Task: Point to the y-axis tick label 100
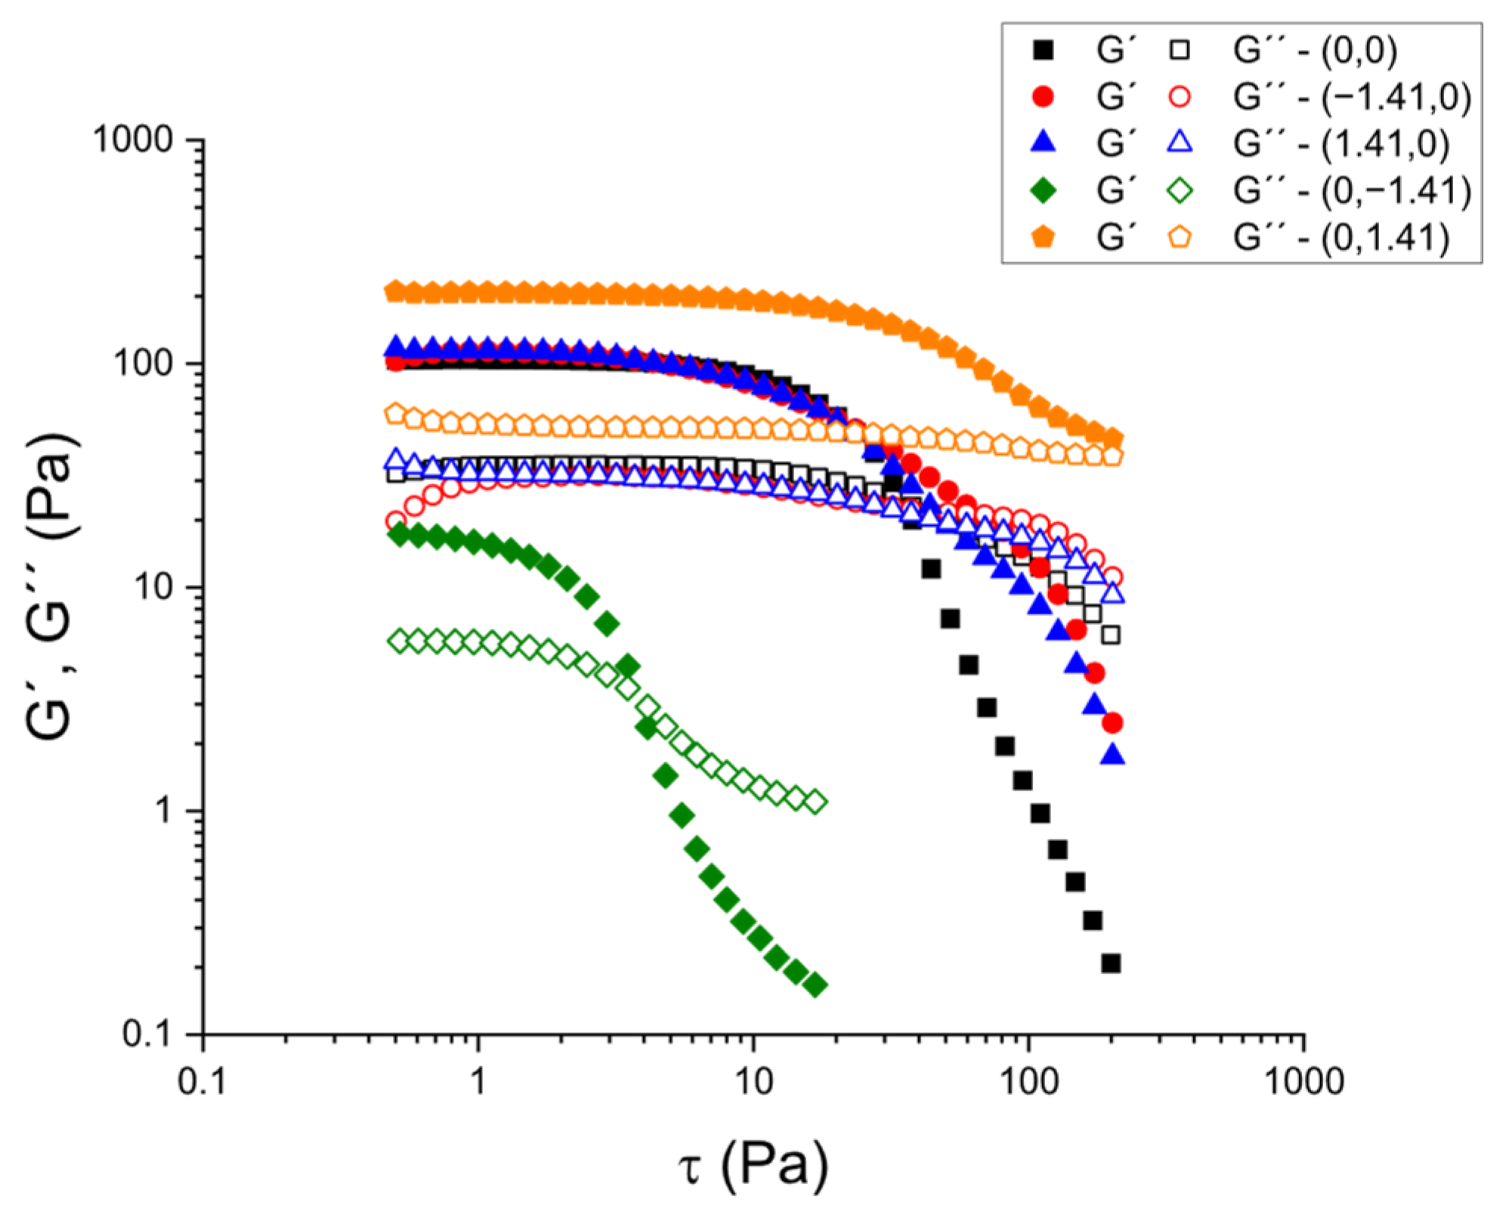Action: click(143, 364)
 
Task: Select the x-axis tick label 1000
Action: click(1304, 1082)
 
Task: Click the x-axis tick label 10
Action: click(753, 1082)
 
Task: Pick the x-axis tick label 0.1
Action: click(202, 1082)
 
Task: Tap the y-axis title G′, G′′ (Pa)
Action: click(51, 586)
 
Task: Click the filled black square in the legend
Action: click(1043, 51)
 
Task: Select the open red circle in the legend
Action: click(1180, 97)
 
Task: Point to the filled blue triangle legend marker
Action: click(1043, 142)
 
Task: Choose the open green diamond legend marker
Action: click(1180, 190)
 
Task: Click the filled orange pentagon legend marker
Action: click(1043, 236)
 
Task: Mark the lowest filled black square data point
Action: click(1111, 963)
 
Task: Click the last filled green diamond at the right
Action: click(815, 985)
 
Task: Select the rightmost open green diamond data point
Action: click(815, 802)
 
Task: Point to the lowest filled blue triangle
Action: click(1112, 755)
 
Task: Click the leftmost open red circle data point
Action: click(395, 521)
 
